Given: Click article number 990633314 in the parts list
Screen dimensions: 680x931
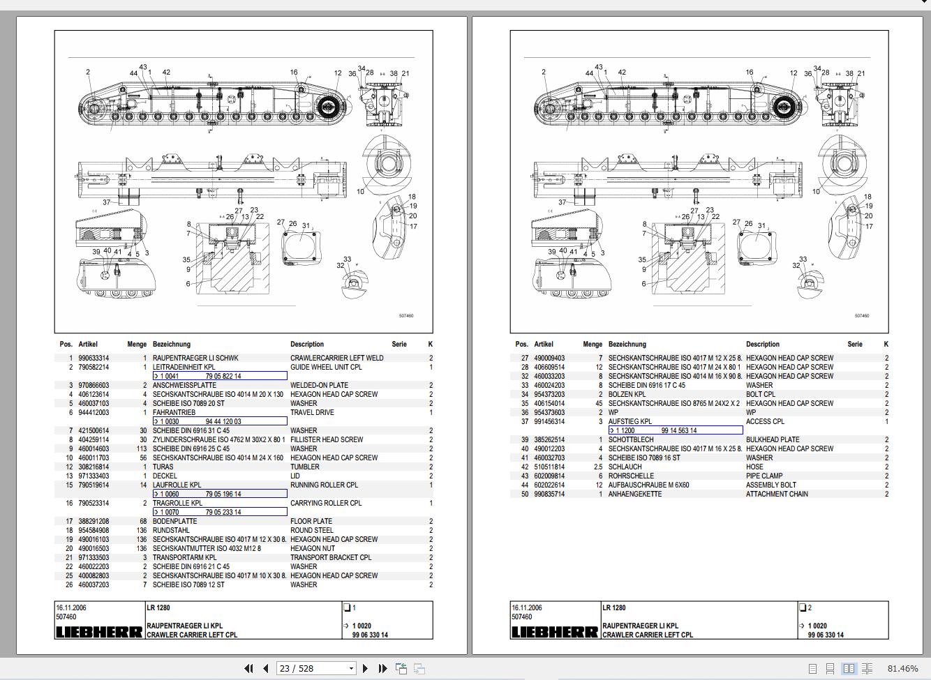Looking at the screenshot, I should tap(94, 358).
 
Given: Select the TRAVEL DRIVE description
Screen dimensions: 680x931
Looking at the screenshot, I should tap(312, 412).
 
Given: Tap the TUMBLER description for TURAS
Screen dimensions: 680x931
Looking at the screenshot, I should tap(305, 467).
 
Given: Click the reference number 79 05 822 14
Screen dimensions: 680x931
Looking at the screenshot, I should tap(223, 376).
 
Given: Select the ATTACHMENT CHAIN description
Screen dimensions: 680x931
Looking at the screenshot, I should tap(777, 494).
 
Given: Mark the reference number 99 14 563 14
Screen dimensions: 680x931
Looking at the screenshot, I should tap(678, 430).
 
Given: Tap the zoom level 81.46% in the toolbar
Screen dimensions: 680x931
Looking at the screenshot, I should tap(902, 668).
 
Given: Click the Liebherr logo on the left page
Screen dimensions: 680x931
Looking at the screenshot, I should tap(98, 632).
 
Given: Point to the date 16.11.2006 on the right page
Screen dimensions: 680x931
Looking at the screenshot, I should tap(527, 607).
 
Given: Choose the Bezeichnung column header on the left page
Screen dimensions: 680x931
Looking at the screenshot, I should tap(172, 344).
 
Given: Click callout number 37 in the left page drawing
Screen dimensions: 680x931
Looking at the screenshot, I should tap(107, 202).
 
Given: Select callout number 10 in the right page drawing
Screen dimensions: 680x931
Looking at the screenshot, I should tap(816, 191).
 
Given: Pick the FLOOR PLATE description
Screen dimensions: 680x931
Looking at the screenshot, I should tap(311, 521).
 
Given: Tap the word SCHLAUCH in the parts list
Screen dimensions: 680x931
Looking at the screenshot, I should tap(625, 467).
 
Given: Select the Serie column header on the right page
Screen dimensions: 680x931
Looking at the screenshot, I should tap(855, 344).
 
